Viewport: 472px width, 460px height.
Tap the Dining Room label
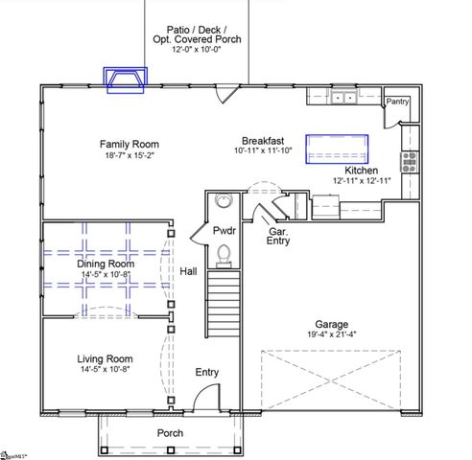(106, 264)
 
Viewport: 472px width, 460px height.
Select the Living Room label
(105, 358)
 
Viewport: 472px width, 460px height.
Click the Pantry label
(397, 101)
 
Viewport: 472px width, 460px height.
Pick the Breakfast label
(260, 139)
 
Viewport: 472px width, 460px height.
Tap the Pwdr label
(224, 231)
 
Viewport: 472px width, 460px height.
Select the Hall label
(188, 272)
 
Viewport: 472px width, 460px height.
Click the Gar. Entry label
(279, 238)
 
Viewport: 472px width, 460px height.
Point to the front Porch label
(171, 433)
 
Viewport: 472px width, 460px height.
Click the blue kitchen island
(337, 148)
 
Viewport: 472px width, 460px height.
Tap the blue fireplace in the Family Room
(128, 81)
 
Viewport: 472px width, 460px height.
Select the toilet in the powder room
(224, 253)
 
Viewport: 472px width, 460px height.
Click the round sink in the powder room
(224, 201)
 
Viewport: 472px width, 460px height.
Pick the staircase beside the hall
(223, 301)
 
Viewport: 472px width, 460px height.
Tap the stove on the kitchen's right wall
(411, 161)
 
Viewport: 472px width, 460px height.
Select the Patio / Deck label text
(197, 29)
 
